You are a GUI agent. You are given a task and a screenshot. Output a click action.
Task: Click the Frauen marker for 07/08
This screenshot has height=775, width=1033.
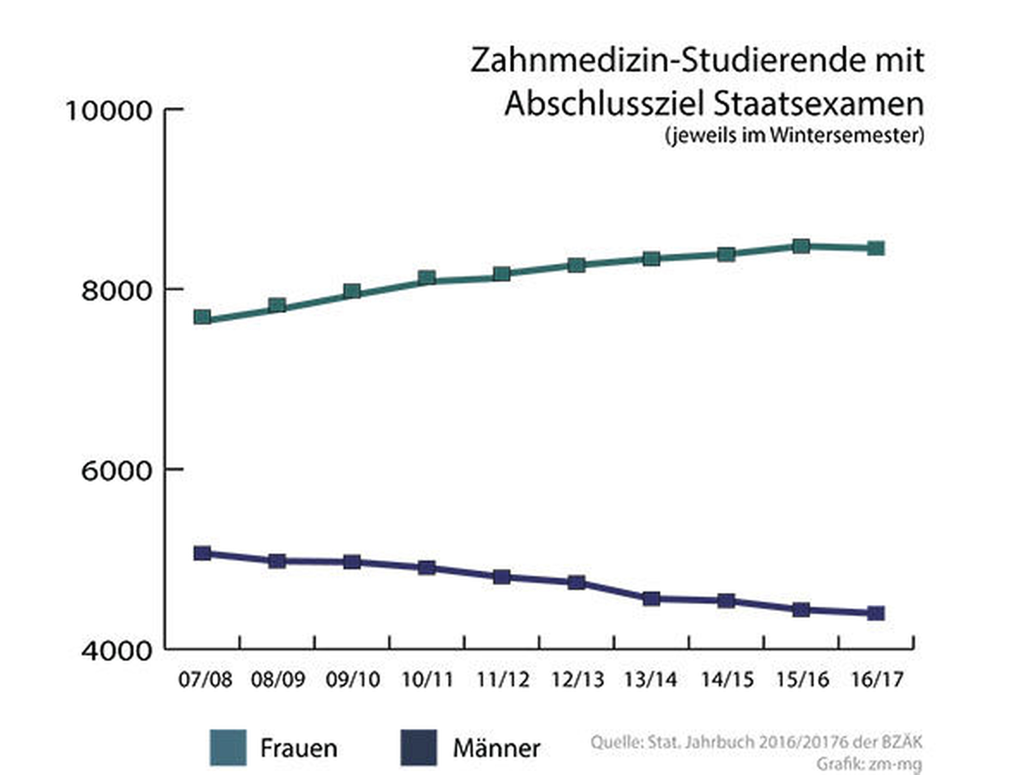pyautogui.click(x=202, y=317)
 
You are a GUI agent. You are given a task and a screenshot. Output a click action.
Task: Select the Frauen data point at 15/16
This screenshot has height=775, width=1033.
pyautogui.click(x=801, y=246)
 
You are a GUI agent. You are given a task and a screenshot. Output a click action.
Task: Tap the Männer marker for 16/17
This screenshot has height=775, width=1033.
pyautogui.click(x=875, y=613)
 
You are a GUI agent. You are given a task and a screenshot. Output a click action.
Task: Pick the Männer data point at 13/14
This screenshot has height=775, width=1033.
pyautogui.click(x=651, y=599)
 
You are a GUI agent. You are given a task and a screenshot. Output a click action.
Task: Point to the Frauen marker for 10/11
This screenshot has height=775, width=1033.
pyautogui.click(x=427, y=278)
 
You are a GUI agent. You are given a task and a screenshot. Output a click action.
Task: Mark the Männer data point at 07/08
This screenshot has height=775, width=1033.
pyautogui.click(x=202, y=554)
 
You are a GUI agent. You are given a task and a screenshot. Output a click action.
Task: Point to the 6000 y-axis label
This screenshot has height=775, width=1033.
pyautogui.click(x=116, y=470)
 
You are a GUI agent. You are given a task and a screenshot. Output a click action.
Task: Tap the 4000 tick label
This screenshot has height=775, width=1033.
pyautogui.click(x=116, y=650)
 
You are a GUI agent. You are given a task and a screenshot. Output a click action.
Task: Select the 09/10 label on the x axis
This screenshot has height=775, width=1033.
pyautogui.click(x=353, y=680)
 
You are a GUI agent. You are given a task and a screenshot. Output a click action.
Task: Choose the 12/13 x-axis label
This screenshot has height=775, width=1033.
pyautogui.click(x=577, y=680)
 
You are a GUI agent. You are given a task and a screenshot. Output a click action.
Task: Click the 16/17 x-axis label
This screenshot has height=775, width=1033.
pyautogui.click(x=877, y=680)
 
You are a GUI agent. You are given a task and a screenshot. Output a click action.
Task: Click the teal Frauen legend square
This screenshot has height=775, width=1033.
pyautogui.click(x=228, y=748)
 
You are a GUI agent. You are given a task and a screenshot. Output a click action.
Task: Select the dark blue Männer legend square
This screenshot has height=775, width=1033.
pyautogui.click(x=419, y=748)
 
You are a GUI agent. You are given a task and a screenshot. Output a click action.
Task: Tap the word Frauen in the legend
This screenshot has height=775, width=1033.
pyautogui.click(x=298, y=748)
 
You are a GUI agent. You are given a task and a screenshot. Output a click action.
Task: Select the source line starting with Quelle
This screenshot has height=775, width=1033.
pyautogui.click(x=756, y=742)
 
